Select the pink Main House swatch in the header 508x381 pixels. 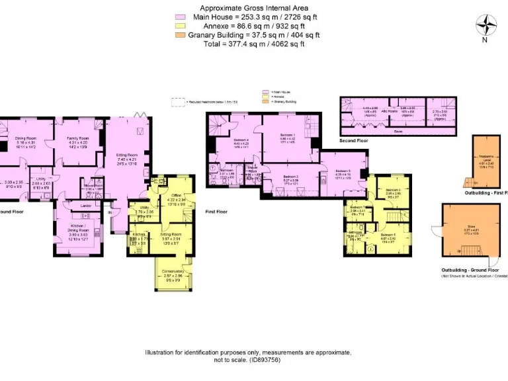(x=179, y=17)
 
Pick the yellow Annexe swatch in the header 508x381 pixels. (x=179, y=26)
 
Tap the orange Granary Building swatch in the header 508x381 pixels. (x=179, y=34)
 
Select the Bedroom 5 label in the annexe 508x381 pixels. (x=389, y=235)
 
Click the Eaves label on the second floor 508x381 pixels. (x=398, y=131)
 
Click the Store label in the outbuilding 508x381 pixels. (x=471, y=226)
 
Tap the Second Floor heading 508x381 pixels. (x=355, y=141)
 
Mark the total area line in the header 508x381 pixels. (x=254, y=44)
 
